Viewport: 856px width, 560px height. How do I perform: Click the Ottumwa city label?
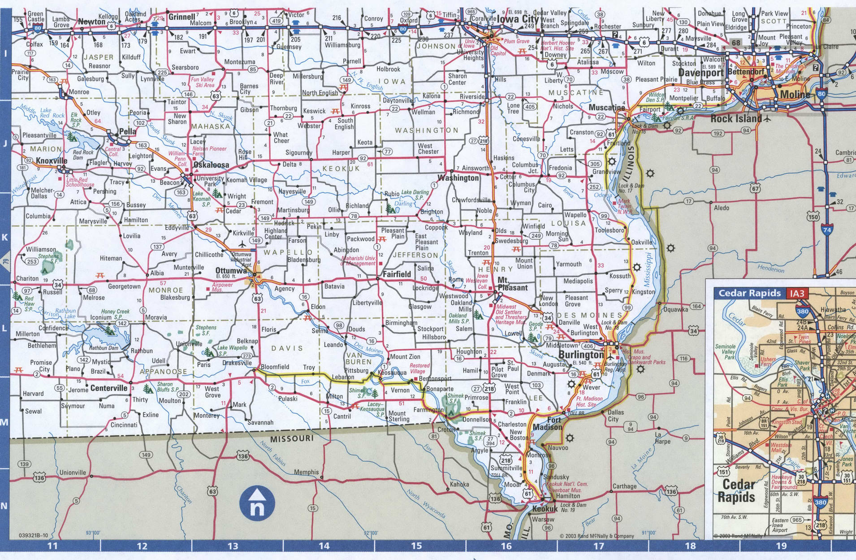[x=231, y=270]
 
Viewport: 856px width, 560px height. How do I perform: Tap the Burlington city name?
[x=581, y=354]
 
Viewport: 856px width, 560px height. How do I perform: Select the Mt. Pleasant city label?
[x=512, y=284]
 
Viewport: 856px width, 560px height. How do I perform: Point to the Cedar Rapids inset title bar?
[x=750, y=293]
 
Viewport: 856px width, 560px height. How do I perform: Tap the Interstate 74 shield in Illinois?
[x=827, y=229]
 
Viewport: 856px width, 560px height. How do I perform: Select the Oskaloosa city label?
[x=211, y=165]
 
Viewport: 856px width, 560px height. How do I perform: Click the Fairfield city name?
[x=397, y=274]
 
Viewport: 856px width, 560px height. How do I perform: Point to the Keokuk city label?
[x=545, y=509]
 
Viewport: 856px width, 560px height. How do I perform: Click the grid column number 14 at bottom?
[x=324, y=546]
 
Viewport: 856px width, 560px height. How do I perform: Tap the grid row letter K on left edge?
[x=5, y=237]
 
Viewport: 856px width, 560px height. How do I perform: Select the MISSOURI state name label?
[x=292, y=438]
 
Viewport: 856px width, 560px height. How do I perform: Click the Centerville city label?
[x=109, y=388]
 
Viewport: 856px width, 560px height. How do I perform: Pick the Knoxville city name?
[x=52, y=161]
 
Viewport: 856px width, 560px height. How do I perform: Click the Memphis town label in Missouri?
[x=306, y=472]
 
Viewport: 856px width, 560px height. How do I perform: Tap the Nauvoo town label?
[x=558, y=447]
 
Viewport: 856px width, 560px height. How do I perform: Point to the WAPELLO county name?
[x=288, y=252]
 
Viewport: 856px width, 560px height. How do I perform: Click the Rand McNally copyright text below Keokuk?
[x=597, y=536]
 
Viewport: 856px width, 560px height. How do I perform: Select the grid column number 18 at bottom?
[x=690, y=546]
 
